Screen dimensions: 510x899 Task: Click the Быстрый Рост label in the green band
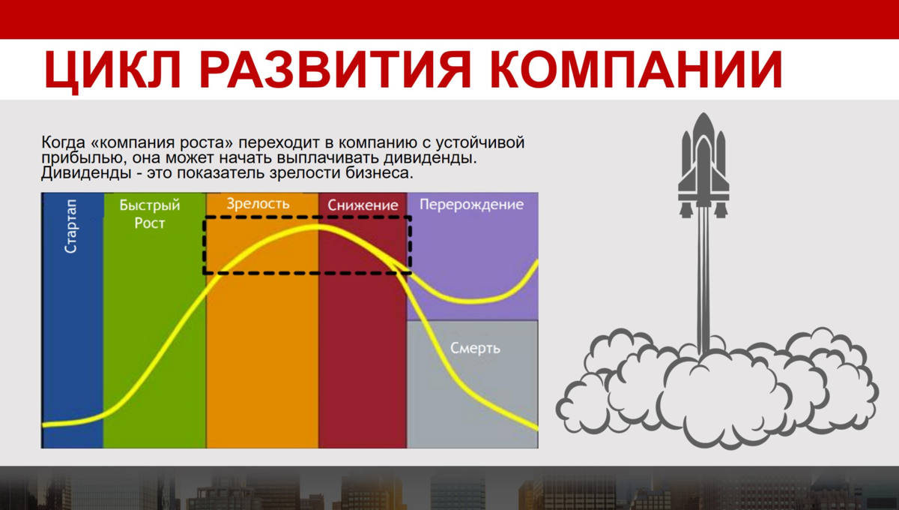point(150,214)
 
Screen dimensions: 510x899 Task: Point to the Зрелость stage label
point(258,204)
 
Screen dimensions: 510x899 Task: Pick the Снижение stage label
point(362,205)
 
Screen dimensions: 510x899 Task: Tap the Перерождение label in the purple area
point(471,204)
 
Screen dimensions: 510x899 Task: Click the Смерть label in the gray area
point(475,349)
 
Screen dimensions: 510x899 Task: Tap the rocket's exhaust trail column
point(703,285)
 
